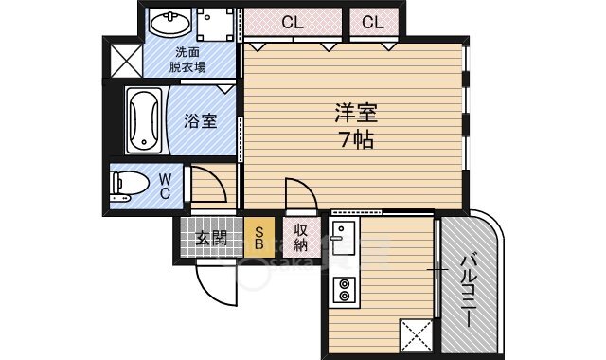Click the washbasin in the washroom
tap(169, 23)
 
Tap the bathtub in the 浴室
tap(144, 120)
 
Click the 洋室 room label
tap(356, 114)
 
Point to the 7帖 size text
tap(356, 140)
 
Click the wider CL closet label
tap(293, 23)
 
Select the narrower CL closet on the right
tap(373, 22)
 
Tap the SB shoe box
tap(259, 237)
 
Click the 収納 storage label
tap(301, 238)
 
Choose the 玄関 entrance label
tap(210, 238)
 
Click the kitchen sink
tap(344, 238)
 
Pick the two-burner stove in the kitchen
tap(344, 290)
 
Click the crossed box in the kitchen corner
tap(416, 335)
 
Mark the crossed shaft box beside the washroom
tap(126, 61)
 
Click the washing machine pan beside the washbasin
tap(216, 25)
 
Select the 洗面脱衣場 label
tap(187, 60)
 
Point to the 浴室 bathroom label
tap(200, 121)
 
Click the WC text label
tap(165, 186)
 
